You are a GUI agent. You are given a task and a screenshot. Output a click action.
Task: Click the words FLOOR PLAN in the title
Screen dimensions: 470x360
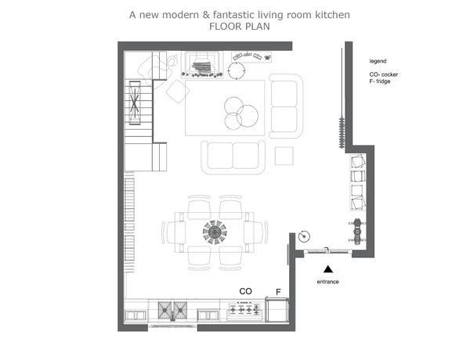[240, 27]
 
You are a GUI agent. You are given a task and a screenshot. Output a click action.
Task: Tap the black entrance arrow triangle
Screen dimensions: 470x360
[328, 269]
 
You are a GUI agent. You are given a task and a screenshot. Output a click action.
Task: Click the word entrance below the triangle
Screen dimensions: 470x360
[328, 282]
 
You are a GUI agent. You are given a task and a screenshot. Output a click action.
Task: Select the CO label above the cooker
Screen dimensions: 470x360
[245, 291]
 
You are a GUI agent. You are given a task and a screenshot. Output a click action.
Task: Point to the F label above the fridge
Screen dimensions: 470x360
[278, 292]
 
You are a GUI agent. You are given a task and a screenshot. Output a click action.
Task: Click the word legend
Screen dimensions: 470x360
[378, 61]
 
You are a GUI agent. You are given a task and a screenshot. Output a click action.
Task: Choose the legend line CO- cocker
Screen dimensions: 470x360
[384, 74]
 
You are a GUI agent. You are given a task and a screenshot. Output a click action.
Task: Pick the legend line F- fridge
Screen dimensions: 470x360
[380, 81]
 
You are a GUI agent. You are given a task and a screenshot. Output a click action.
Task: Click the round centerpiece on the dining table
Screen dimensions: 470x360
[215, 232]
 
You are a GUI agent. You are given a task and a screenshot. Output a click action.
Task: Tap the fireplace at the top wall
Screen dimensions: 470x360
[202, 65]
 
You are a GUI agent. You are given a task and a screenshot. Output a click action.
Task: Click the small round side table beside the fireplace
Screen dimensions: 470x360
[237, 71]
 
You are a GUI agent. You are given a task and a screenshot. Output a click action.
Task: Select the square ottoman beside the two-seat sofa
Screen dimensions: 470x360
[284, 156]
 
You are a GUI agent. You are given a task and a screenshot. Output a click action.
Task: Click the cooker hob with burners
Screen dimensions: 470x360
[244, 310]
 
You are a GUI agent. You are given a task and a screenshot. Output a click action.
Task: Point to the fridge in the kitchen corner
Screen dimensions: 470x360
[277, 310]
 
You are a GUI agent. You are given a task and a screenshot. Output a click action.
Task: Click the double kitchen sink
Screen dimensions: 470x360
[172, 310]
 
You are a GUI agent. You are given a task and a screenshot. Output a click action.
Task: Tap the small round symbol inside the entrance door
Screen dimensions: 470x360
[304, 236]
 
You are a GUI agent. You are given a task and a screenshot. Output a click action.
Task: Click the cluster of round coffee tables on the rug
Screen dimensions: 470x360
[241, 113]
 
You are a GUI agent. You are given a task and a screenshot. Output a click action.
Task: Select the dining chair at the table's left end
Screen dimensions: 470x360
[172, 232]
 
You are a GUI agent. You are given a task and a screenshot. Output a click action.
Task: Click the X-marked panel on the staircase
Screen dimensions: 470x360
[135, 103]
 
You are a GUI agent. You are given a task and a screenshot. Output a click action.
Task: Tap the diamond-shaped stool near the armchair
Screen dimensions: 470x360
[178, 92]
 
